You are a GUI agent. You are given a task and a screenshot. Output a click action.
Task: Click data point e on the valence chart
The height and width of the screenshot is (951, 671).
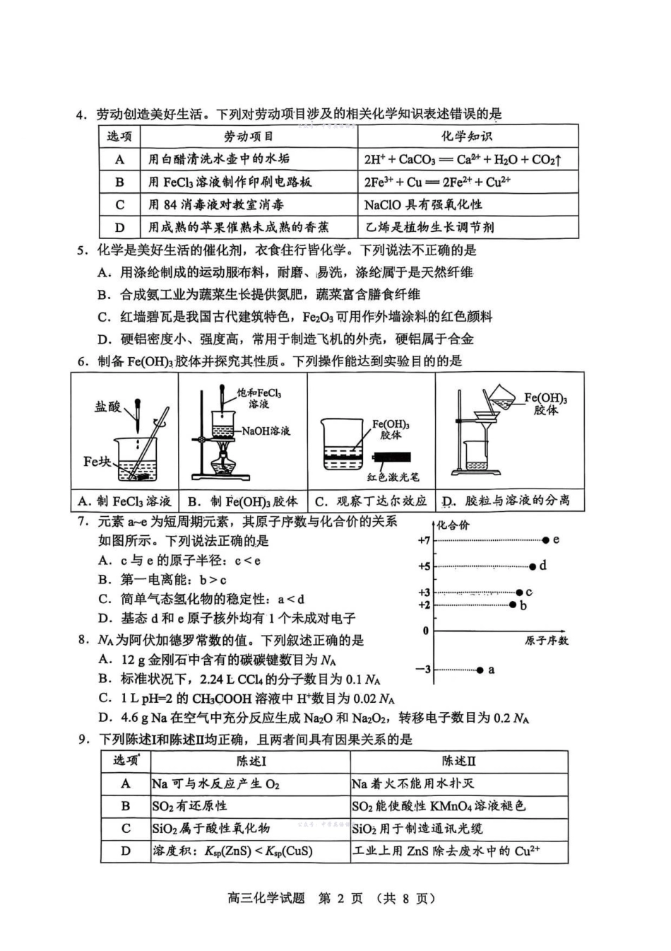[x=545, y=540]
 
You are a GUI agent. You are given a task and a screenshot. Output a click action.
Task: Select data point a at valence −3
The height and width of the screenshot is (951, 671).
[x=480, y=670]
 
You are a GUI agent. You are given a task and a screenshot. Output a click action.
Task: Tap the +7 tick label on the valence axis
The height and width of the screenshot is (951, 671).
[x=424, y=540]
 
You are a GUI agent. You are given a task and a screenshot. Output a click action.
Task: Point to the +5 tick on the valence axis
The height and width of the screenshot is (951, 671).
[x=424, y=566]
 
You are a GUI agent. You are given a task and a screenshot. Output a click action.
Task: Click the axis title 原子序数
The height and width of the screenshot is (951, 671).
[x=546, y=641]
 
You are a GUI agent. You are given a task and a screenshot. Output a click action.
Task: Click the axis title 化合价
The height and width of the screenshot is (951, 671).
[x=453, y=525]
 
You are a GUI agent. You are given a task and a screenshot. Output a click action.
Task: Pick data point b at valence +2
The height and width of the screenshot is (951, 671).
[x=513, y=605]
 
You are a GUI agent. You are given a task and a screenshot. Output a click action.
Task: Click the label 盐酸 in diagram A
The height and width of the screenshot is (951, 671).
[x=107, y=407]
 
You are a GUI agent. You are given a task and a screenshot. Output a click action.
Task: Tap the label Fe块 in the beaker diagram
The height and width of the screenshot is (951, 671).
[x=97, y=462]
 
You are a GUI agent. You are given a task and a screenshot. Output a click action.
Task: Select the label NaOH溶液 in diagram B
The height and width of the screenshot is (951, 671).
[x=266, y=431]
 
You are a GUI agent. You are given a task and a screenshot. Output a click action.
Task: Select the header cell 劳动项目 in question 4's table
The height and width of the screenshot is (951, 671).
[x=248, y=136]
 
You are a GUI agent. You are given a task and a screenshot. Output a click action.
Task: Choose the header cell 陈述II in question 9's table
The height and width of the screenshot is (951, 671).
[x=458, y=762]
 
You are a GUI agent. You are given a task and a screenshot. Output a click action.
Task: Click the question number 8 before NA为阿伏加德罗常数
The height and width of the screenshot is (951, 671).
[x=83, y=641]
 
